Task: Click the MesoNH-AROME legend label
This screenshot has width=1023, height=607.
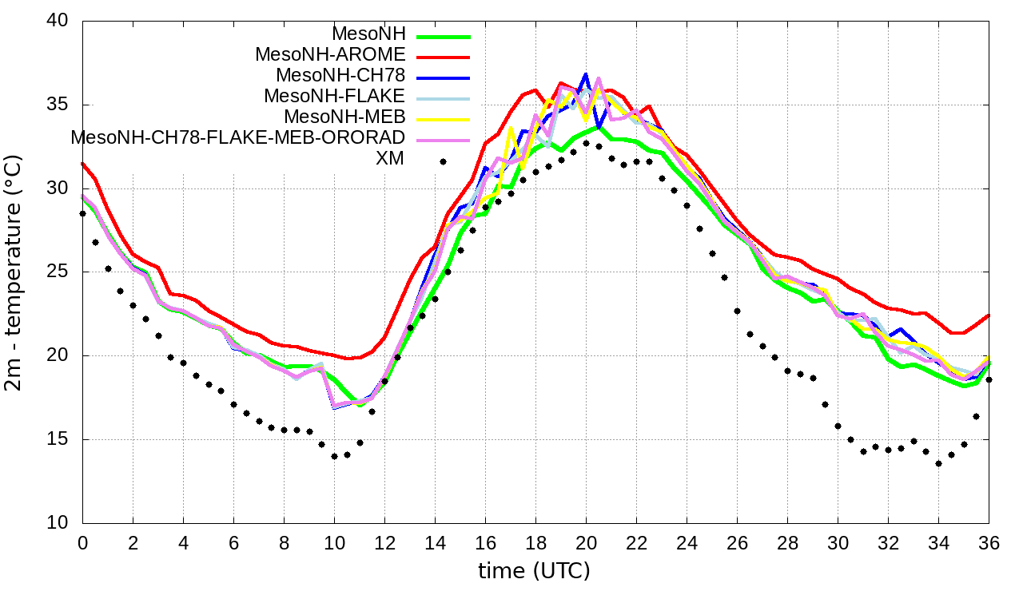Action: [330, 55]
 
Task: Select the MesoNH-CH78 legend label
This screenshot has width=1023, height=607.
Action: [340, 76]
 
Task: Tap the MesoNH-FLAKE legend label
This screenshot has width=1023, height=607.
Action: [335, 96]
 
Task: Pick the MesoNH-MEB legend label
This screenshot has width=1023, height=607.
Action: [344, 117]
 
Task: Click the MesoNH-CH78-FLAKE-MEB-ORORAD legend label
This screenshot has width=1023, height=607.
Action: [238, 137]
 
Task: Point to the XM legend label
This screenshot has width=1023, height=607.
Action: [390, 158]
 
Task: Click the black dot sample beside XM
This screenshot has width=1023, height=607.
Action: [443, 161]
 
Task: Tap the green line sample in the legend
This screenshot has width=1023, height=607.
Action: [443, 36]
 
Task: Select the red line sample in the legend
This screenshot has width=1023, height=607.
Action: [443, 56]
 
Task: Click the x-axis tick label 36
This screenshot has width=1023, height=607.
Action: [989, 542]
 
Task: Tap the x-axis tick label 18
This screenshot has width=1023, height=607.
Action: [535, 542]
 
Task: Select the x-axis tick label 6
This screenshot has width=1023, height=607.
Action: [233, 542]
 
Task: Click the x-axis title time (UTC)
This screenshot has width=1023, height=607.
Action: [534, 571]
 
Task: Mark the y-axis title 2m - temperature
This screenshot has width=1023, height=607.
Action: [14, 272]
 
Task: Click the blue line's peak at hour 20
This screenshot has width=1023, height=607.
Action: [586, 74]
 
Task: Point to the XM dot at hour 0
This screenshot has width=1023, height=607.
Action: [82, 214]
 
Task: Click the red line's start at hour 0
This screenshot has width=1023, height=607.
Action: [82, 164]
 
